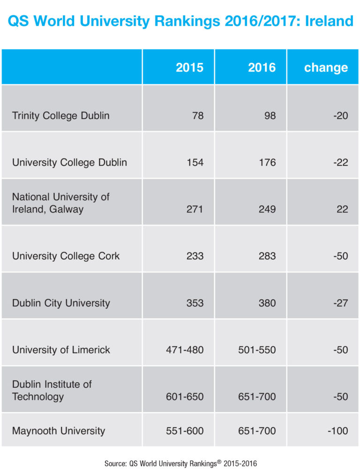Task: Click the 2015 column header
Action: click(x=189, y=68)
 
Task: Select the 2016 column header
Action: click(x=262, y=68)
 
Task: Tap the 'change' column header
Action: click(x=326, y=68)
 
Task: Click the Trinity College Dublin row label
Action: click(x=60, y=115)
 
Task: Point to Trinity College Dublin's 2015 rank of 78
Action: click(x=198, y=115)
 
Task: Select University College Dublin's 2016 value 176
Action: click(x=266, y=163)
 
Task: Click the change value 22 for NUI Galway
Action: click(x=342, y=209)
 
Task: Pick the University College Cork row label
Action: click(x=66, y=256)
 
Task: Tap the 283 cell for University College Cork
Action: click(x=266, y=256)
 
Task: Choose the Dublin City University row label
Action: click(x=61, y=303)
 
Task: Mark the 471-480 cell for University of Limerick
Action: click(x=185, y=350)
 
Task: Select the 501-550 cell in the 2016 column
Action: click(x=257, y=350)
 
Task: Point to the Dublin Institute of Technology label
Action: click(x=52, y=391)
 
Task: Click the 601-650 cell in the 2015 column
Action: click(x=185, y=397)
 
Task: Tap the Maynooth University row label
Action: click(x=59, y=431)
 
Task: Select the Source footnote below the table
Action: click(x=180, y=463)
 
